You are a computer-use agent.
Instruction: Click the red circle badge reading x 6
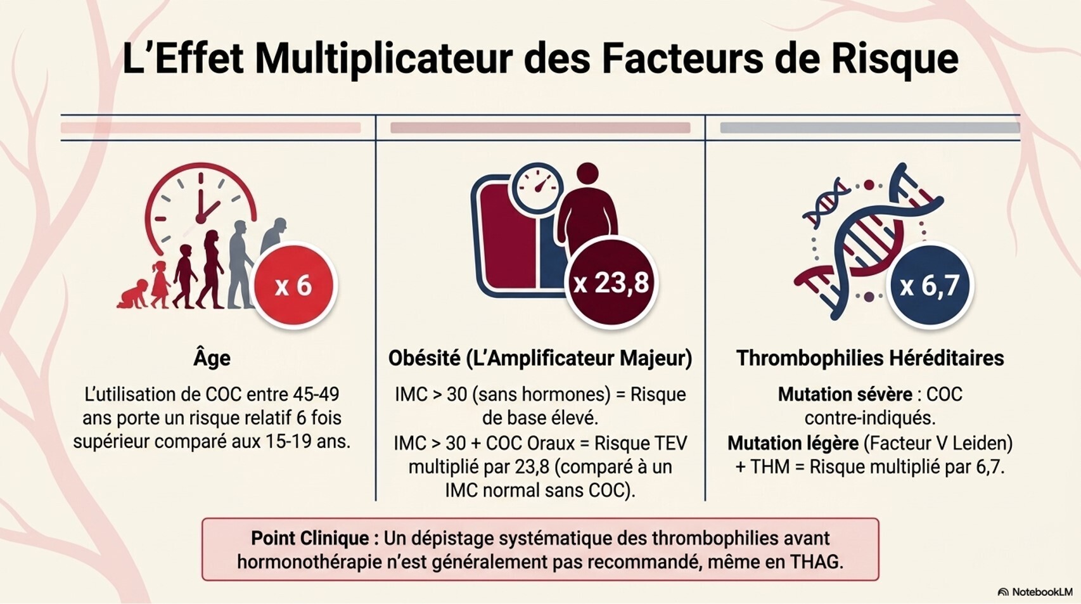click(x=293, y=285)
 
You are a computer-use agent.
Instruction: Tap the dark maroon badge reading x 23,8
click(x=611, y=283)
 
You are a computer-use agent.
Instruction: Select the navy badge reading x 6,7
click(x=929, y=285)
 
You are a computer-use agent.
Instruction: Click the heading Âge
click(x=212, y=358)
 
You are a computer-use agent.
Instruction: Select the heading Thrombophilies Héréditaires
click(x=869, y=358)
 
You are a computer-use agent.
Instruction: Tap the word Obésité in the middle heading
click(x=424, y=358)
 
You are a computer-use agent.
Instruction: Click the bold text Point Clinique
click(x=314, y=538)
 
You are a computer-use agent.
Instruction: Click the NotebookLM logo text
click(x=1041, y=592)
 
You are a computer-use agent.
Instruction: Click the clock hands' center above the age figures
click(x=201, y=218)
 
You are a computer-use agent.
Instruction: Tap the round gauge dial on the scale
click(x=537, y=188)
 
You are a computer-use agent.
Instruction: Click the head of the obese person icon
click(x=587, y=173)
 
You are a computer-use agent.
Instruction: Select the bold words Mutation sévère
click(x=845, y=394)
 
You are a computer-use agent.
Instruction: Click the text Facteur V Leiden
click(x=938, y=442)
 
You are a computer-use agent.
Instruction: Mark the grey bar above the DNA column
click(x=869, y=127)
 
